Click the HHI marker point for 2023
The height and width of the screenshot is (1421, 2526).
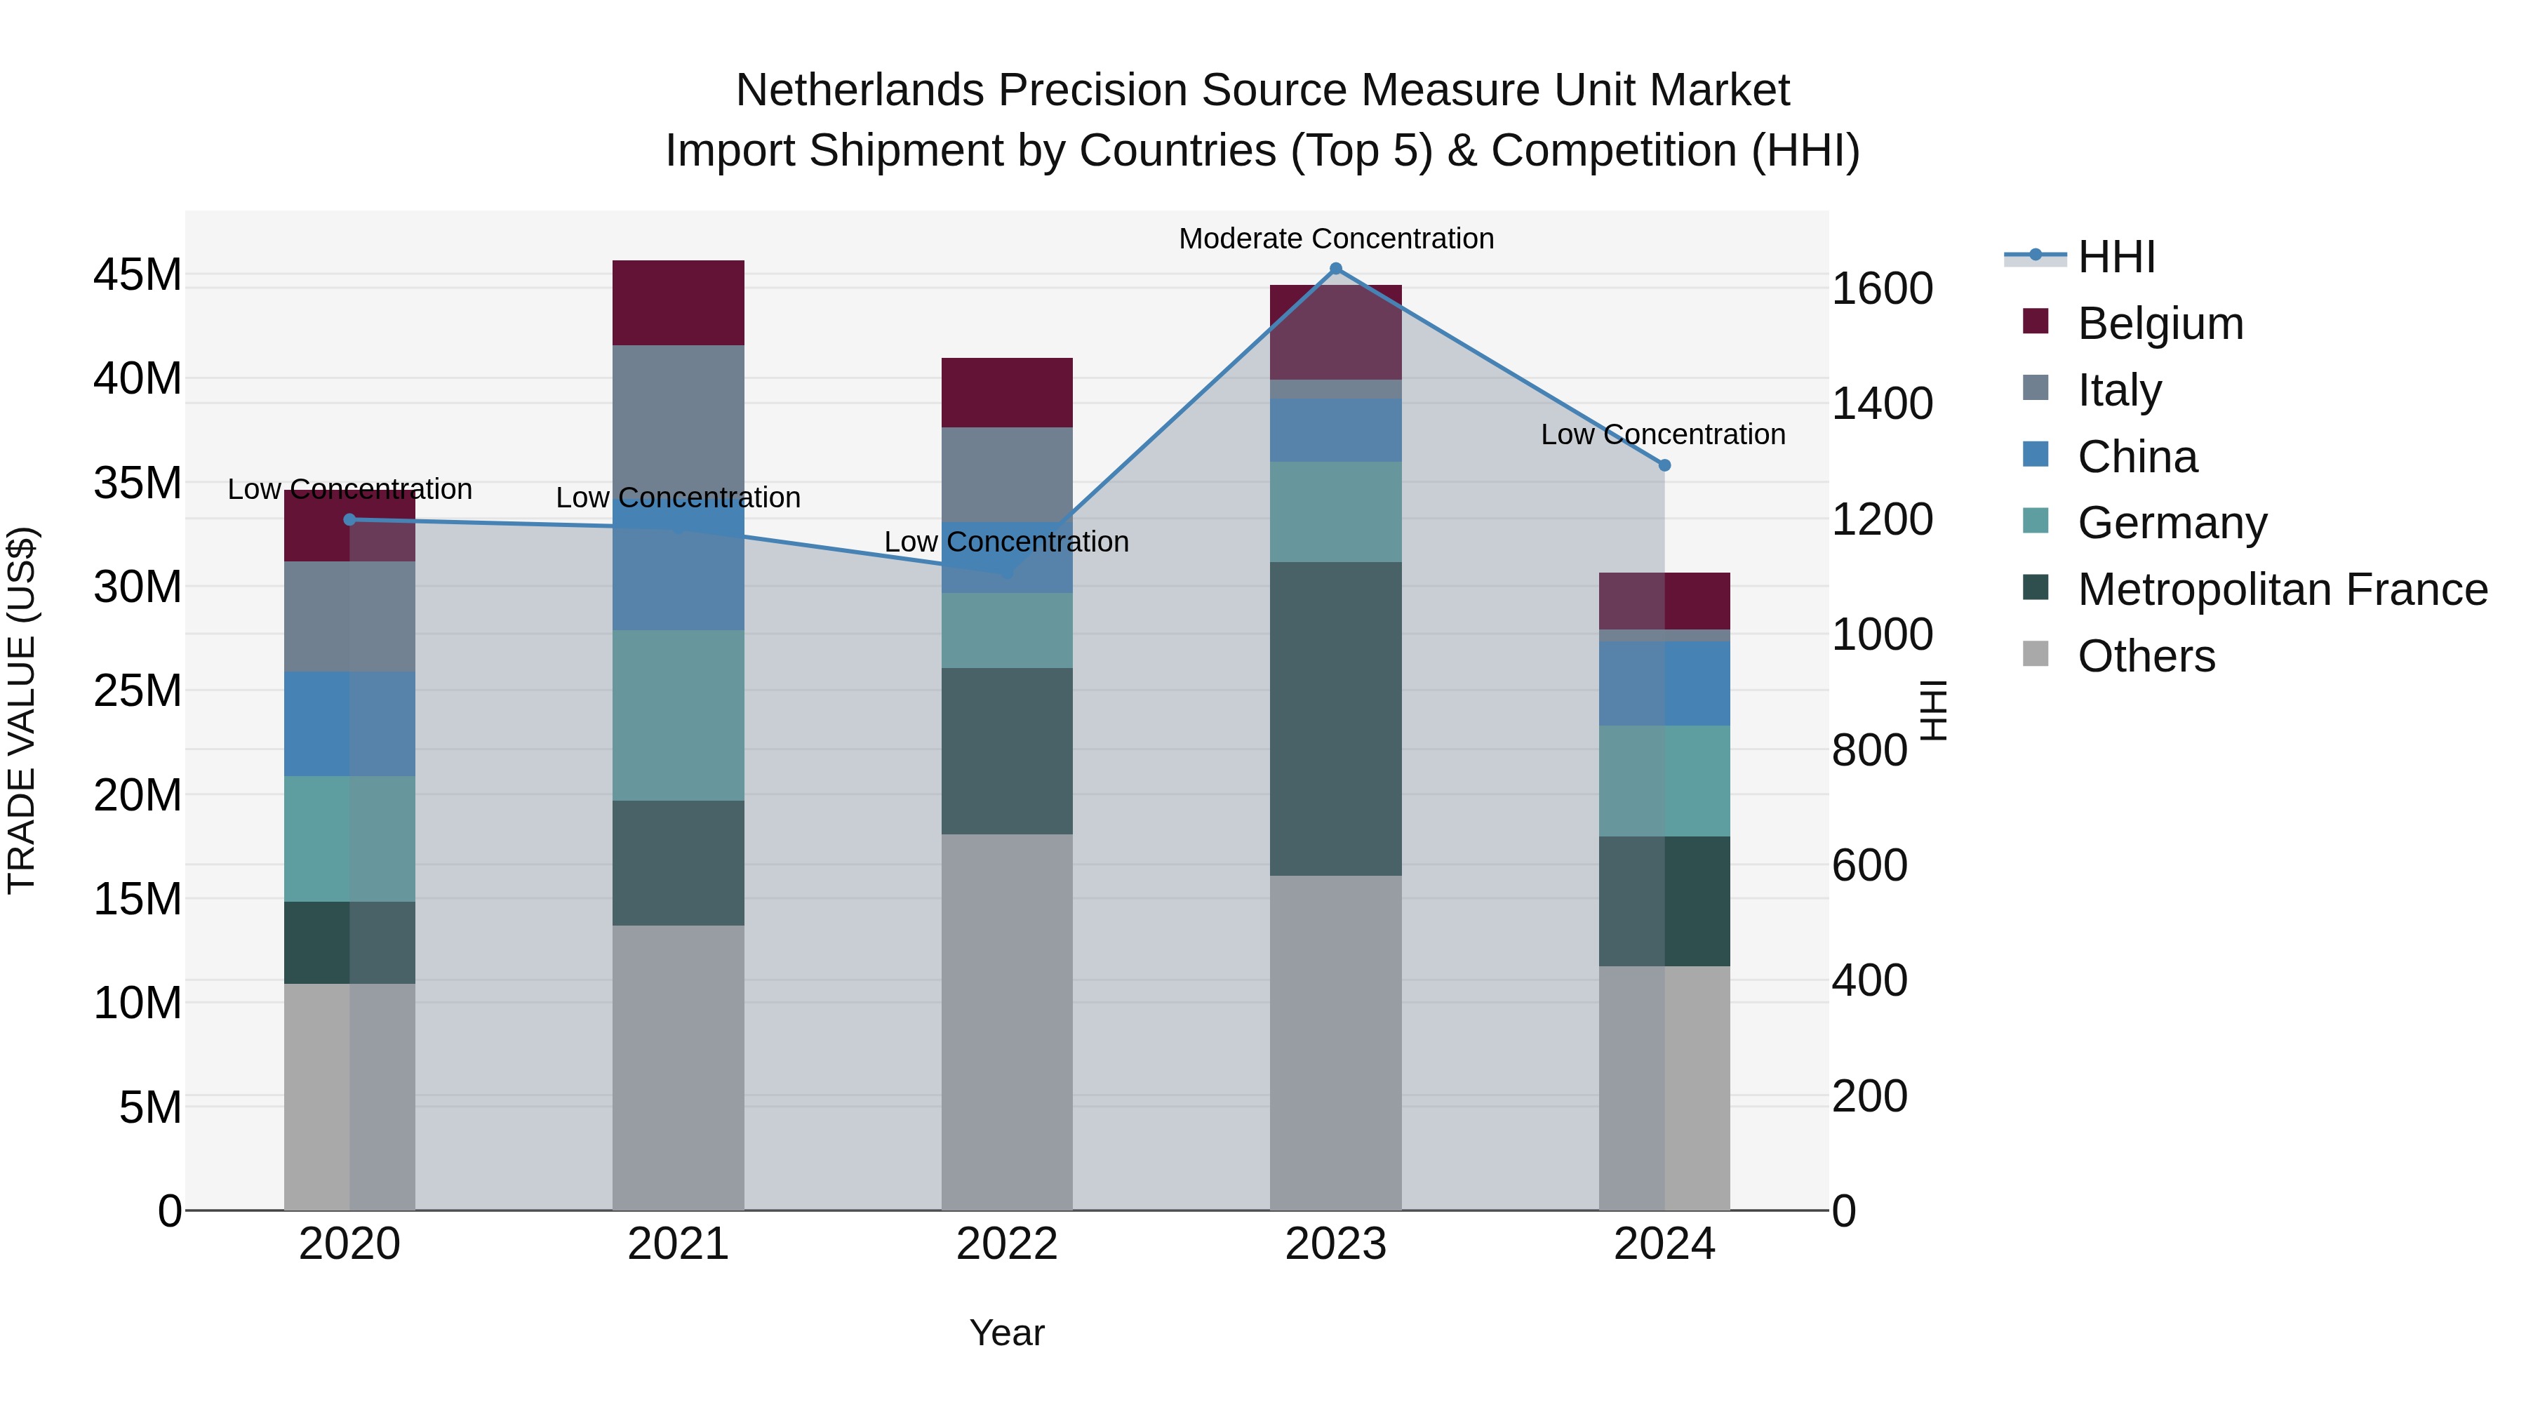click(x=1335, y=269)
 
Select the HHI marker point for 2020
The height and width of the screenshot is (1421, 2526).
click(x=350, y=520)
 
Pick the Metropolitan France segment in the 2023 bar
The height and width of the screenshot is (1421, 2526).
click(x=1335, y=718)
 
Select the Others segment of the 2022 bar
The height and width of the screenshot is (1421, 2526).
click(x=1007, y=1022)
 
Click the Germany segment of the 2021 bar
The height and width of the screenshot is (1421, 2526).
click(x=678, y=715)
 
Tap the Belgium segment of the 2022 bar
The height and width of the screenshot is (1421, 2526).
click(x=1007, y=392)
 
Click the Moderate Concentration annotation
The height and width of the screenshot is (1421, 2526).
click(x=1335, y=239)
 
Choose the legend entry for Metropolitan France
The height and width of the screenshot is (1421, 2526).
click(x=2282, y=589)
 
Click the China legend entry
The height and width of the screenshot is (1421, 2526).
click(x=2138, y=457)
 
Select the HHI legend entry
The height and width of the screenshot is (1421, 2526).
click(x=2116, y=257)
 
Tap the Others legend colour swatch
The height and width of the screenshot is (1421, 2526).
click(x=2036, y=654)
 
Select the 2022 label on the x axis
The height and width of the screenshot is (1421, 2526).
click(x=1007, y=1244)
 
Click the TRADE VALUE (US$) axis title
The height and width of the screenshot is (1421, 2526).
click(x=22, y=710)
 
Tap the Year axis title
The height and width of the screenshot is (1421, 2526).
click(x=1007, y=1333)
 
